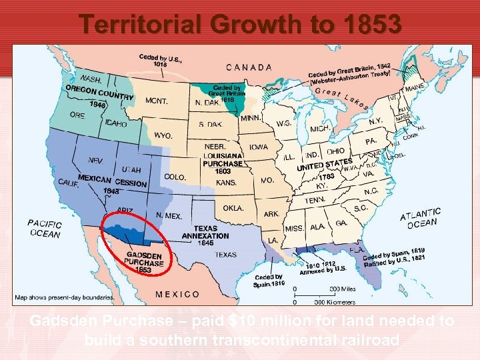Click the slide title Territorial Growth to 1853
coord(240,24)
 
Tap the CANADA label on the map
coord(249,67)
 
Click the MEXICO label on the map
coord(177,293)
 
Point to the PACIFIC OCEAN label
coord(45,229)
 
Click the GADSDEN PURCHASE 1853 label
coord(144,262)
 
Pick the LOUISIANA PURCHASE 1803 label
coord(222,163)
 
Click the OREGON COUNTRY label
coord(99,95)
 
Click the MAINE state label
coord(414,87)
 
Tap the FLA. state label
coord(357,250)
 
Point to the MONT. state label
coord(156,101)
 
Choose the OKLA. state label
coord(233,208)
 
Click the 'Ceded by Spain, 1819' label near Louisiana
coord(269,281)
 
